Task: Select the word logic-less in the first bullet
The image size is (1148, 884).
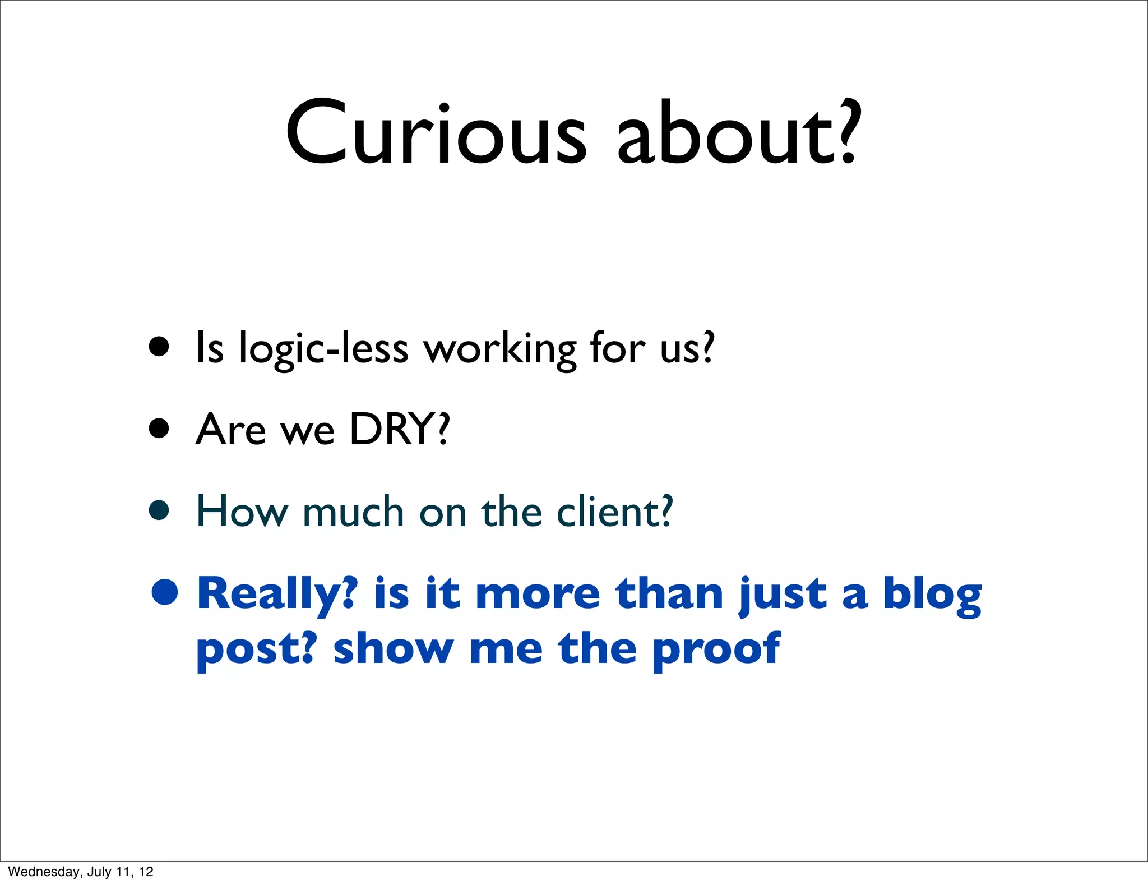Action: point(323,349)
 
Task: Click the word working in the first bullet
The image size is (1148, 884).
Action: point(499,349)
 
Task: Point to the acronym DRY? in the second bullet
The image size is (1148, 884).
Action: point(400,429)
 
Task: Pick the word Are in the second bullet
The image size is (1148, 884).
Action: point(230,429)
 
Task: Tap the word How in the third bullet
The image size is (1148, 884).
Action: point(242,512)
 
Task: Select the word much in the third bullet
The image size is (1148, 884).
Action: point(353,512)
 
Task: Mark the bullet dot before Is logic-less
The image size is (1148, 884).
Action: point(159,347)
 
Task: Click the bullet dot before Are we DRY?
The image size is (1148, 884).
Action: point(159,429)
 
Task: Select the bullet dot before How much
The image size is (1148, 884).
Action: point(159,510)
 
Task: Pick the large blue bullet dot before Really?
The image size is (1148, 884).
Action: point(165,592)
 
